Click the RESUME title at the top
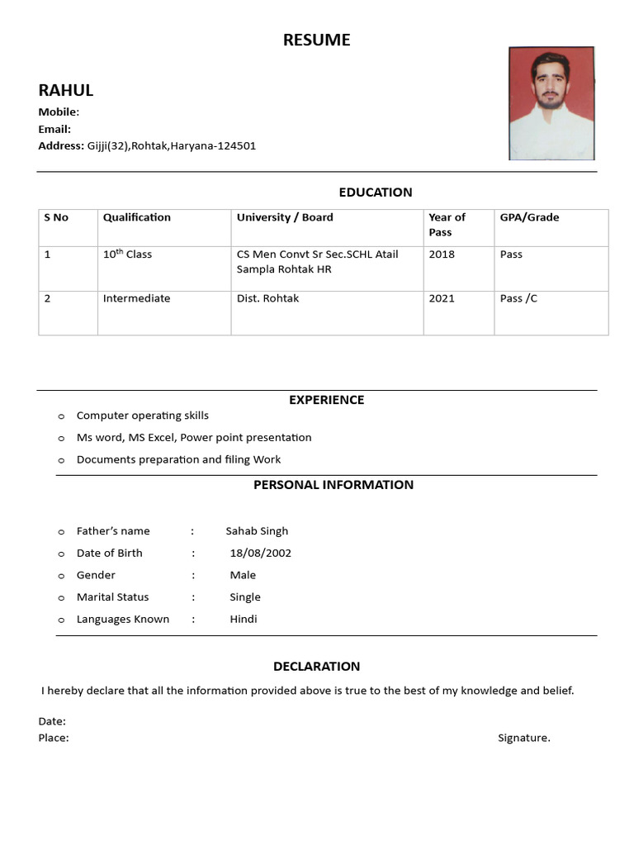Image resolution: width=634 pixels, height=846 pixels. (316, 40)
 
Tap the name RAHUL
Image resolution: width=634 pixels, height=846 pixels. (66, 90)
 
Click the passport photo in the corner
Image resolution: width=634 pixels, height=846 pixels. (551, 103)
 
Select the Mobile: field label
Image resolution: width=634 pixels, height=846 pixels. (59, 112)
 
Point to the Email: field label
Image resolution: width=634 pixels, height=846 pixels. (54, 129)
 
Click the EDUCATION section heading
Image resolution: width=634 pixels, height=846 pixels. (375, 192)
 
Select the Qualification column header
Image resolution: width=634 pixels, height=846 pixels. (136, 217)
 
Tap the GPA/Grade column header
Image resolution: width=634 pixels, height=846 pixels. (529, 217)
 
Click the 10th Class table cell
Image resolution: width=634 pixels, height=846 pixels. (127, 254)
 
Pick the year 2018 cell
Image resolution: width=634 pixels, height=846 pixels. (442, 254)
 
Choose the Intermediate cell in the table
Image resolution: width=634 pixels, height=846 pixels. (136, 298)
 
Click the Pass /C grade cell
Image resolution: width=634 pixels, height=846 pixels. (518, 298)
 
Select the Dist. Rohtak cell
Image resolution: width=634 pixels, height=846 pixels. (267, 298)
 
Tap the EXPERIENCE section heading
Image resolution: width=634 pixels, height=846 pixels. (326, 400)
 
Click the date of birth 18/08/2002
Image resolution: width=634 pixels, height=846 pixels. (260, 553)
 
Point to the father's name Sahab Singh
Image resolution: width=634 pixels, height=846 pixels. (257, 531)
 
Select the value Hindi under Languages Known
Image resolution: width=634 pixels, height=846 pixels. (244, 619)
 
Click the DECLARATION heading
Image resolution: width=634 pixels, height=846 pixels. (316, 666)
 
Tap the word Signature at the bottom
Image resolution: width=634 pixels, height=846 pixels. (523, 738)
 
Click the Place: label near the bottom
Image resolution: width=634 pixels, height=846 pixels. (54, 738)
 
